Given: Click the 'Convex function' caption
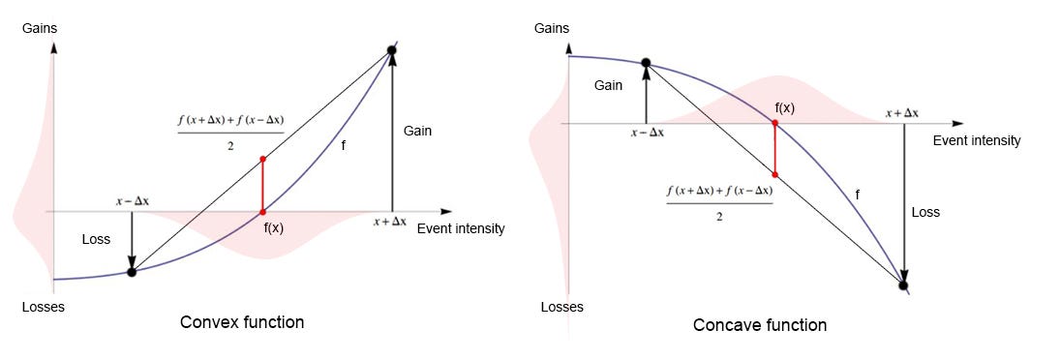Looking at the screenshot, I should (x=242, y=322).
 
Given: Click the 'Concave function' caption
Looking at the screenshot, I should (x=760, y=325).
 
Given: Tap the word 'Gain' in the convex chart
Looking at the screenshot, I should (x=417, y=131).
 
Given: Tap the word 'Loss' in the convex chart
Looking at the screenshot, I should (x=95, y=239).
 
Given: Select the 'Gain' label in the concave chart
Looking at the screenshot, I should (x=608, y=85).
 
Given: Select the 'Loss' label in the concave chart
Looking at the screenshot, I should (x=925, y=212).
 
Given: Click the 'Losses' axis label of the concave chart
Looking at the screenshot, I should (x=561, y=308).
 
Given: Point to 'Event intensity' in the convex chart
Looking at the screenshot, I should (x=461, y=229).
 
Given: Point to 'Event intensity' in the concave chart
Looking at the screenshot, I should (x=977, y=140).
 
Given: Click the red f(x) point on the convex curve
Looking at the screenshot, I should (x=262, y=211).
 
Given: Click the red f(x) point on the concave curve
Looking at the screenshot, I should (x=775, y=123).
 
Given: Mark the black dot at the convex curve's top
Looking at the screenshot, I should (x=391, y=49).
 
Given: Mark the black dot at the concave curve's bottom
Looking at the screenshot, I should (x=903, y=285).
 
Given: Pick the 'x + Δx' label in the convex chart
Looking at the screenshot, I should (x=392, y=222).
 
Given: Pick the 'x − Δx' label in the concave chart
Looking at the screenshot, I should (x=647, y=133).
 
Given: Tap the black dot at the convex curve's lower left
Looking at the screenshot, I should (x=132, y=272).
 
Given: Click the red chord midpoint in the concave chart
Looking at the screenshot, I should (x=775, y=174).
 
